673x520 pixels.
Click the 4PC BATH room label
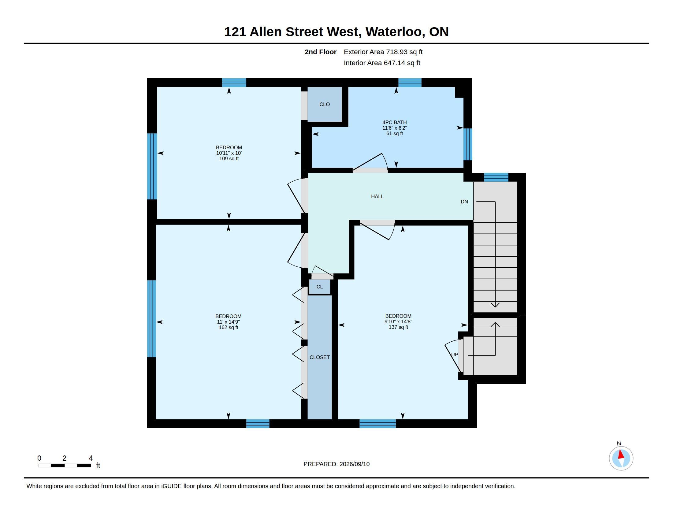point(394,122)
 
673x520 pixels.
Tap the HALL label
point(377,197)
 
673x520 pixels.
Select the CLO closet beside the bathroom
point(325,104)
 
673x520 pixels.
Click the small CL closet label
point(320,287)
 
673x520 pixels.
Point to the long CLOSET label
point(320,357)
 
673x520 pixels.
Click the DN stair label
point(464,202)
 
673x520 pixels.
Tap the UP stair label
point(455,355)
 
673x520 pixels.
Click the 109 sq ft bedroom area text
point(229,159)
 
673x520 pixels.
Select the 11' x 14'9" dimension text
point(228,322)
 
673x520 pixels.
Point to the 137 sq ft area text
point(398,327)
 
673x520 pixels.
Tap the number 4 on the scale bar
point(91,458)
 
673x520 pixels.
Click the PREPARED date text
point(336,464)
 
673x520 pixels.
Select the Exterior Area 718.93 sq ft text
point(383,52)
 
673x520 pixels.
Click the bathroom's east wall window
point(468,144)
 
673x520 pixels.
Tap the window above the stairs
point(496,177)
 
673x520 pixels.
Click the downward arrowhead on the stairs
point(495,305)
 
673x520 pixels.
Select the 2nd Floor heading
point(321,52)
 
